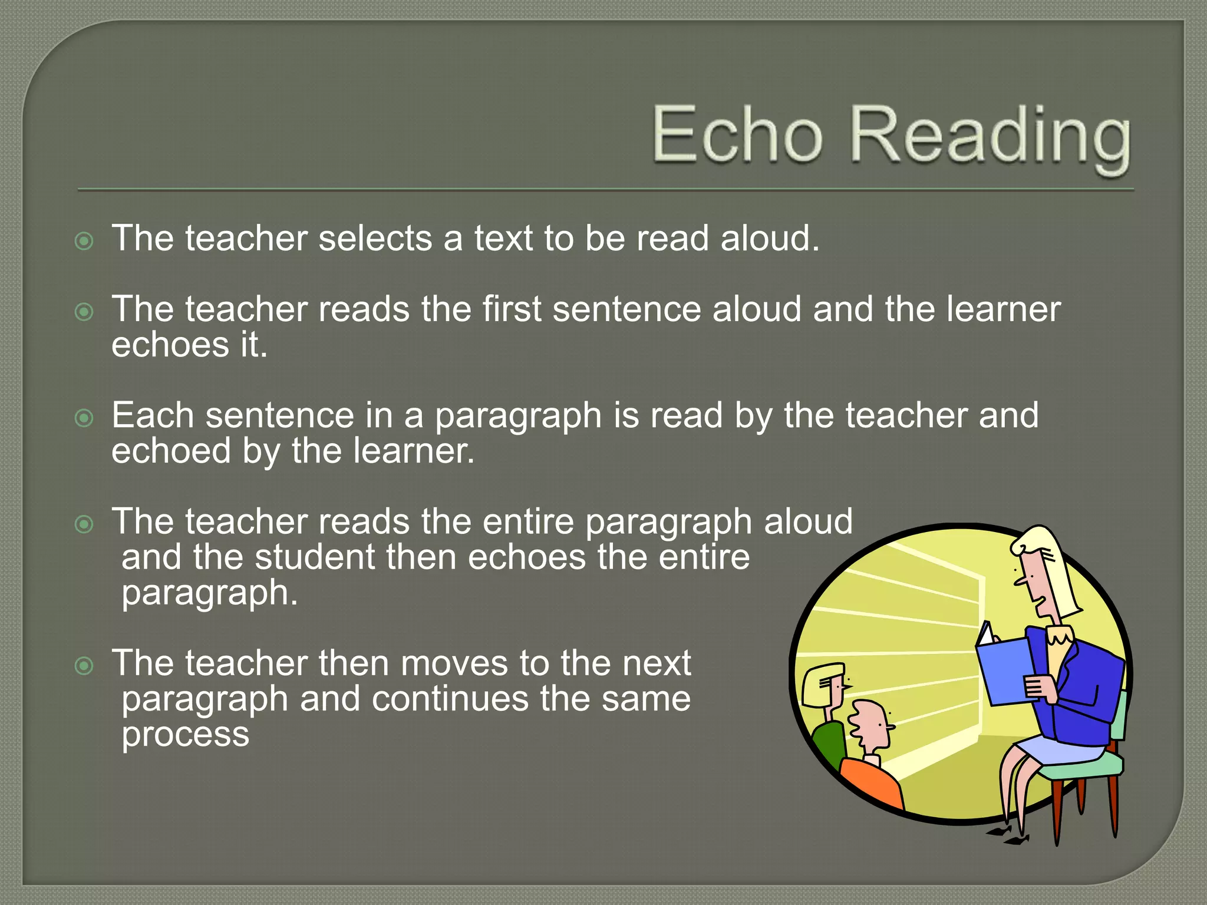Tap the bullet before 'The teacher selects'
[84, 241]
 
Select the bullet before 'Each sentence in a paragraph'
[84, 418]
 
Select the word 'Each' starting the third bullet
[153, 415]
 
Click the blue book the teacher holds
[1005, 672]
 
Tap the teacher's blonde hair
[1055, 572]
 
